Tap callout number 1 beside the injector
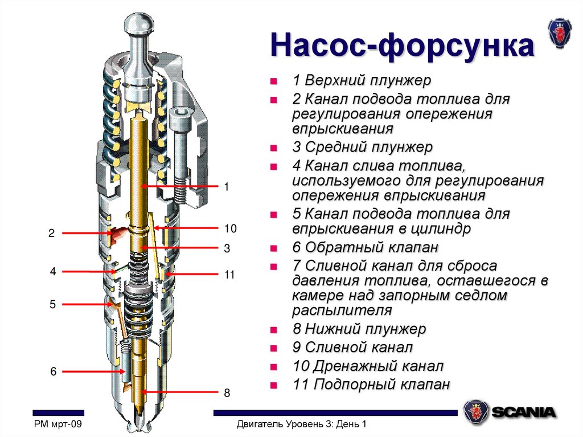pyautogui.click(x=226, y=186)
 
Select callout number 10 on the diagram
pyautogui.click(x=229, y=228)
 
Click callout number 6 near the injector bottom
pyautogui.click(x=53, y=371)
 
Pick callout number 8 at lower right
pyautogui.click(x=227, y=393)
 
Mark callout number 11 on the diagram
pyautogui.click(x=229, y=275)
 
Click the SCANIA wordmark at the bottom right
pyautogui.click(x=524, y=413)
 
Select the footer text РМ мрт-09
pyautogui.click(x=59, y=424)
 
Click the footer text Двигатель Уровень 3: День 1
pyautogui.click(x=301, y=424)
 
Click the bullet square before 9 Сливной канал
pyautogui.click(x=274, y=348)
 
